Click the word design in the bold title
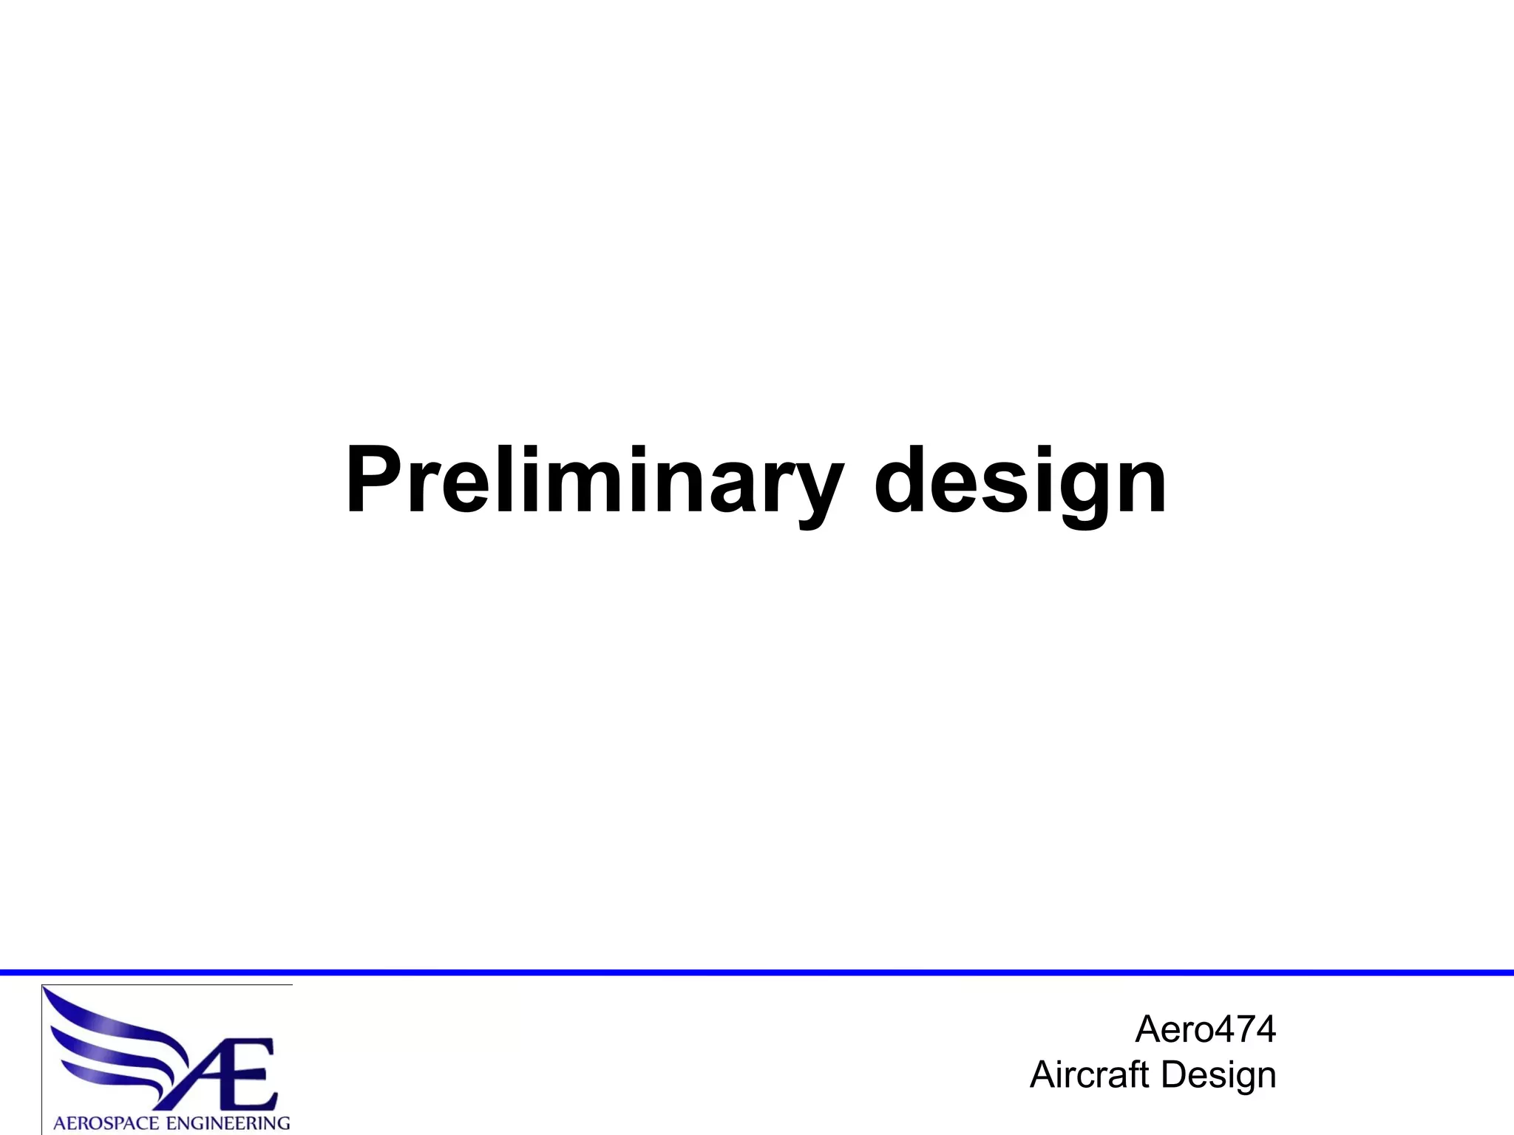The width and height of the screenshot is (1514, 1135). pyautogui.click(x=1020, y=480)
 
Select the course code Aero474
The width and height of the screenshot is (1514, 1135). pyautogui.click(x=1205, y=1029)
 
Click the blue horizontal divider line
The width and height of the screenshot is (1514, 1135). pyautogui.click(x=757, y=972)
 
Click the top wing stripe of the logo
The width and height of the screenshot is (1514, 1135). pyautogui.click(x=111, y=1016)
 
